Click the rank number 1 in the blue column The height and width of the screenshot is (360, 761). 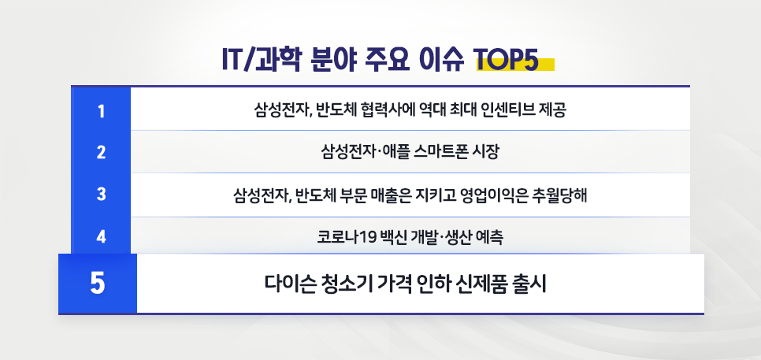pos(101,109)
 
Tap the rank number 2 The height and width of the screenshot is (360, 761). pos(101,152)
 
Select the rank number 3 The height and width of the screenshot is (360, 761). pos(101,194)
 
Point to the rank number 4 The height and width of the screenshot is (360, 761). pos(101,236)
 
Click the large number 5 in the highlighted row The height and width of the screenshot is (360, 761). pos(98,283)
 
